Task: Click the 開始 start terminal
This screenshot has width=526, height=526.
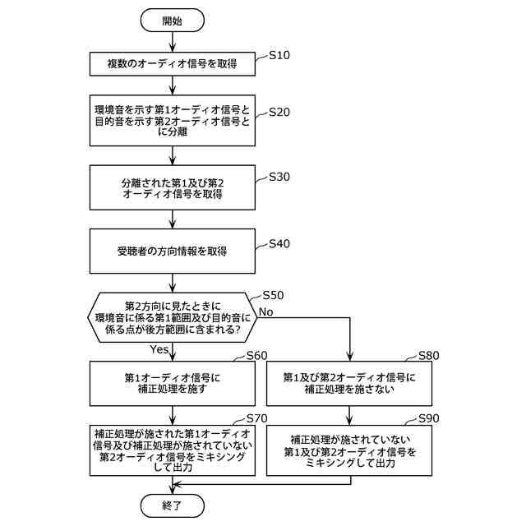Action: tap(172, 20)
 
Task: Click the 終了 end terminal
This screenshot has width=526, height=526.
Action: tap(172, 504)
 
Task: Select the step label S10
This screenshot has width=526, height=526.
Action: tap(279, 56)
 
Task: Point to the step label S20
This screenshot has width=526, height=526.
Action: tap(279, 112)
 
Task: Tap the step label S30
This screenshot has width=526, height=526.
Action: tap(279, 177)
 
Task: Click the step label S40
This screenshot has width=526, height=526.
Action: tap(279, 244)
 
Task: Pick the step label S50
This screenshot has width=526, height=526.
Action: tap(273, 295)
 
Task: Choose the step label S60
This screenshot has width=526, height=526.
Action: tap(257, 356)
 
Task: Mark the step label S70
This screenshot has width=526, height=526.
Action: tap(257, 418)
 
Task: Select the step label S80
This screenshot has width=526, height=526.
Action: tap(429, 356)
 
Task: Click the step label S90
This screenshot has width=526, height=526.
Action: tap(429, 418)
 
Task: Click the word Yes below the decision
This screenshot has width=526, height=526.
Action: tap(159, 349)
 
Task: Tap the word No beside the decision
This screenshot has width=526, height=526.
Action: tap(265, 311)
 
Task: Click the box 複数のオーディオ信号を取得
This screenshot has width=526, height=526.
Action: tap(172, 63)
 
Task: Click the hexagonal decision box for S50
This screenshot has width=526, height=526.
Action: tap(172, 315)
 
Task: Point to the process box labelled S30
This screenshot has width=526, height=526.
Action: tap(172, 188)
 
